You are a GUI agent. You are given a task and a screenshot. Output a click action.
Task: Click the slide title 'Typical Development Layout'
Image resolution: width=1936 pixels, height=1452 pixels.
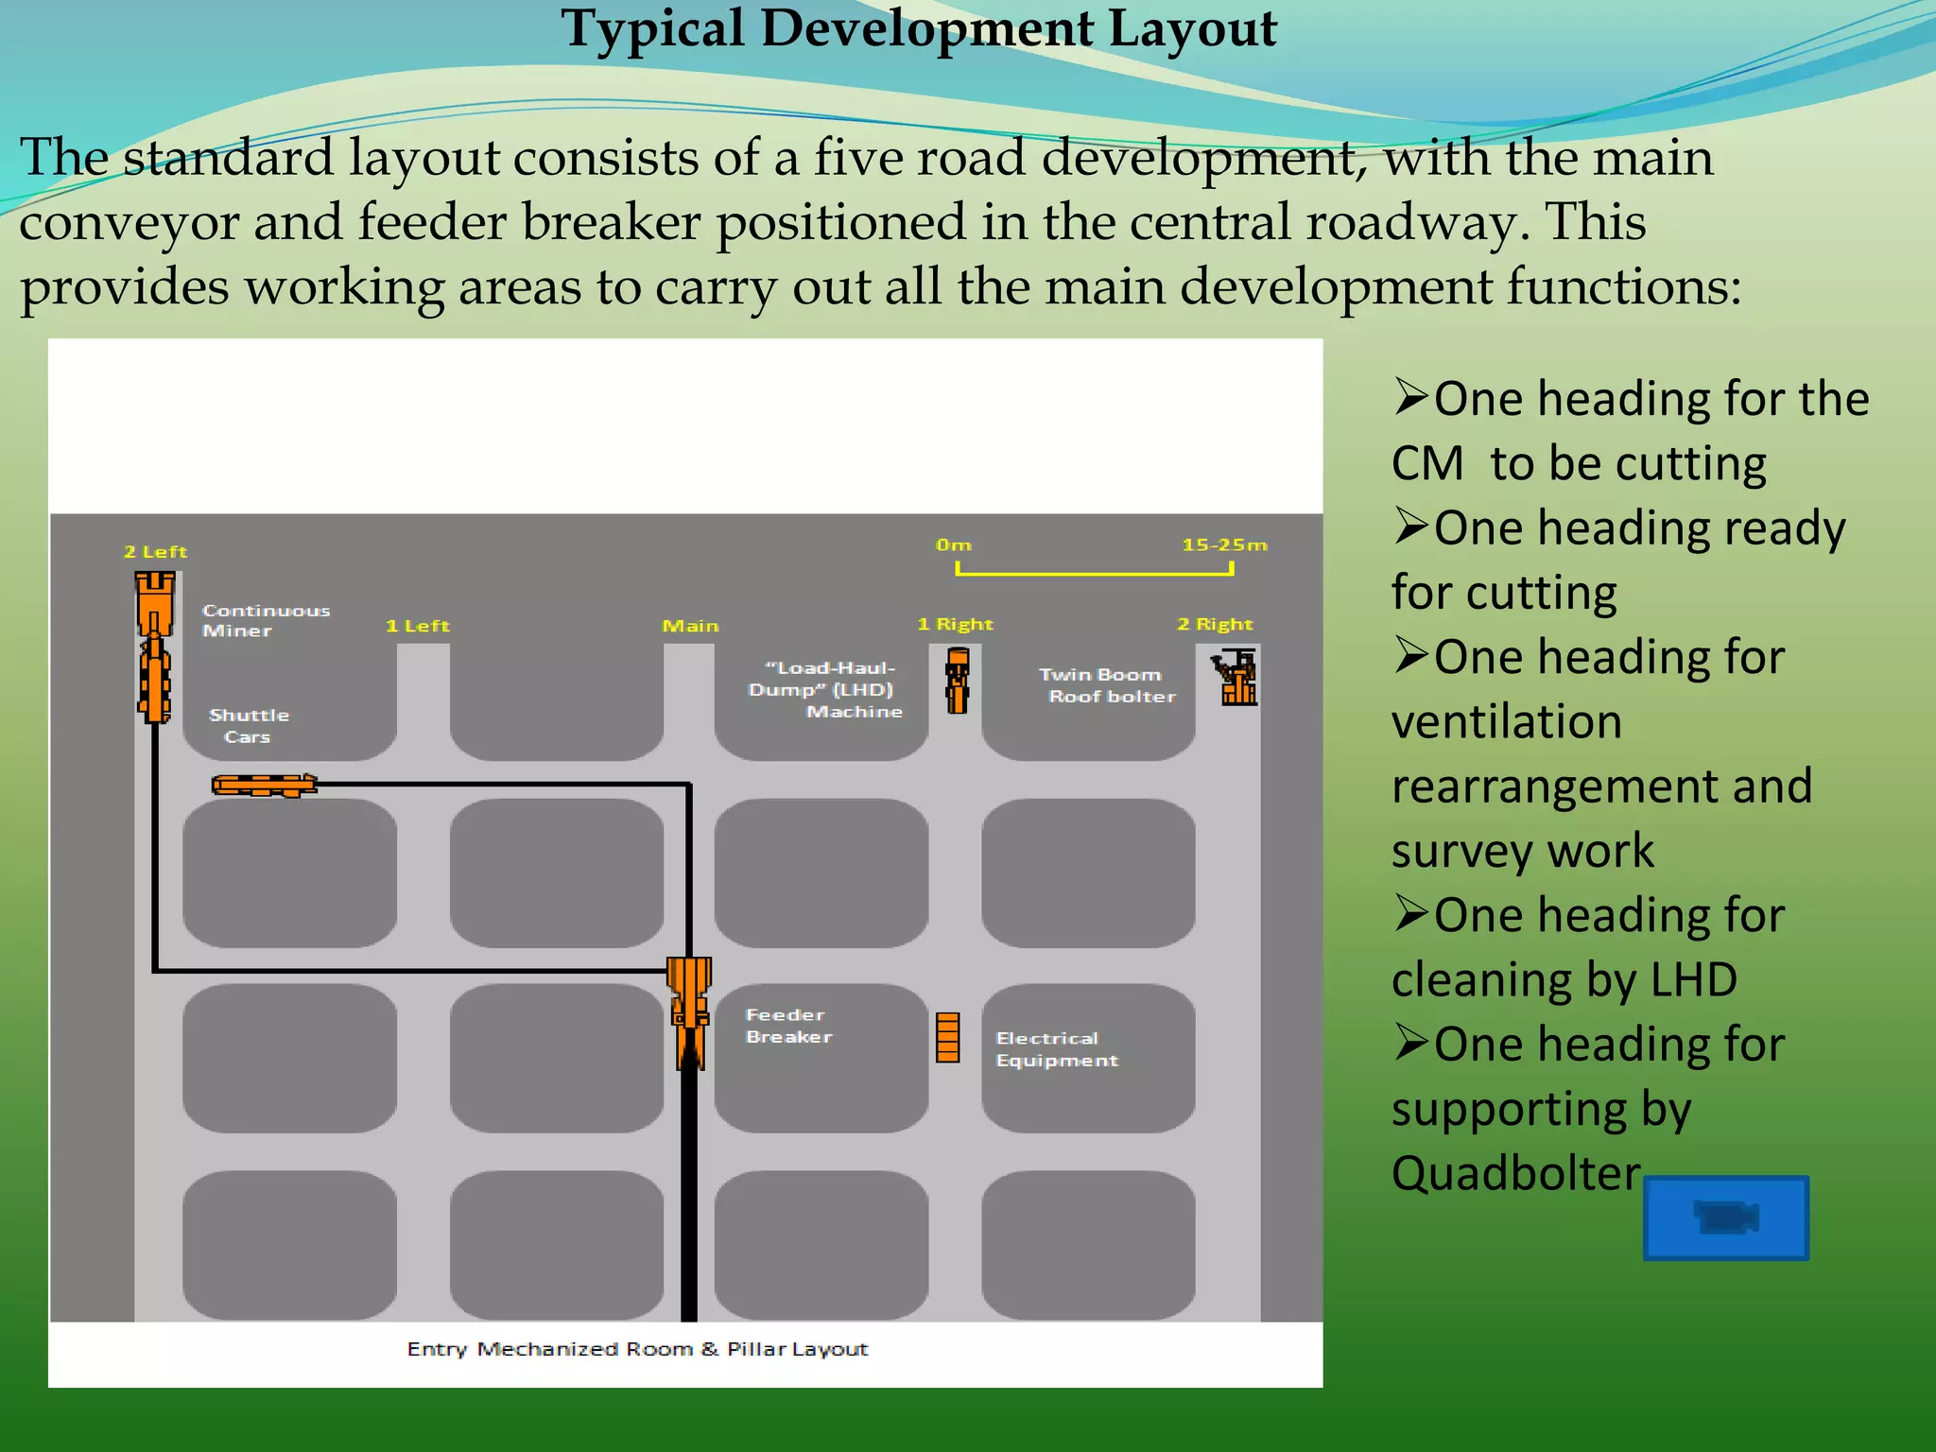[x=919, y=29]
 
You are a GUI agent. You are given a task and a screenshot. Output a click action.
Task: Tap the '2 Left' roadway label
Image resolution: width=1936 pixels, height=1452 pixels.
[x=156, y=552]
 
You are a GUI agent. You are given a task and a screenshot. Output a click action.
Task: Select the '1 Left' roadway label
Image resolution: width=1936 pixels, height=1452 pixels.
[x=418, y=626]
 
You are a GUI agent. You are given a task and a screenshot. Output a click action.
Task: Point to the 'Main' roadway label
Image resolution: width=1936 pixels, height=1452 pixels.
[x=690, y=626]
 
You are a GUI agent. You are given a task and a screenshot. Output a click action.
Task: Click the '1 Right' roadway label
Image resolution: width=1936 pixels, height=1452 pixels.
[x=956, y=624]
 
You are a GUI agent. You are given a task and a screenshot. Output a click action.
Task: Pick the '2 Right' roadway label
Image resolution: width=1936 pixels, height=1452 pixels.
[x=1216, y=624]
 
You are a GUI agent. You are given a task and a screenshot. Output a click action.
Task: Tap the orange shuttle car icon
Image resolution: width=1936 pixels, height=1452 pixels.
[x=264, y=786]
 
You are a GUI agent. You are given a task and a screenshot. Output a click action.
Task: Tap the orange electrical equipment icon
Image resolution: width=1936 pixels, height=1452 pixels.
[x=948, y=1038]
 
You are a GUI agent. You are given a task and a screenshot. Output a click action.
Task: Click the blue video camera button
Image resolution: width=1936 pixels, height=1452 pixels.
[x=1726, y=1218]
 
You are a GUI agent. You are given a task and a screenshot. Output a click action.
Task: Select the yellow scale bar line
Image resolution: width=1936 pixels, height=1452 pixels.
[x=1095, y=572]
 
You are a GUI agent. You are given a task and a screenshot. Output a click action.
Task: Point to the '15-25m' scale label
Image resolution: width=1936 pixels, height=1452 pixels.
[x=1224, y=545]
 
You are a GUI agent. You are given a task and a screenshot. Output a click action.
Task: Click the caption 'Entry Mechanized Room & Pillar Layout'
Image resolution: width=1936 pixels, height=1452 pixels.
[x=637, y=1349]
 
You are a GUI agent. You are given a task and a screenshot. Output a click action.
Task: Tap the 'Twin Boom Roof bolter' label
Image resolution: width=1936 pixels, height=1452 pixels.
[x=1107, y=685]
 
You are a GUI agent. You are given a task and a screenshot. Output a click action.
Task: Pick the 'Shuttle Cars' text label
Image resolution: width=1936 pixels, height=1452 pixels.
[x=249, y=726]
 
